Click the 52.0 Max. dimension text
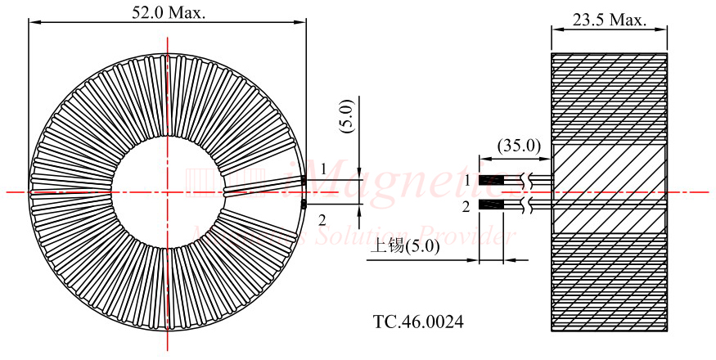(x=169, y=12)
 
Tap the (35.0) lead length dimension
(x=519, y=146)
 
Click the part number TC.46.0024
(x=417, y=322)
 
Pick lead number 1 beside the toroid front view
(x=323, y=169)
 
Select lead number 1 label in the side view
(x=467, y=179)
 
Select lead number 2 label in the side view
(x=466, y=207)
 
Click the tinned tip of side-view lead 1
(x=489, y=179)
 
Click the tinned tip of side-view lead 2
(x=489, y=204)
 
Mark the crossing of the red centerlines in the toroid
(x=168, y=192)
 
